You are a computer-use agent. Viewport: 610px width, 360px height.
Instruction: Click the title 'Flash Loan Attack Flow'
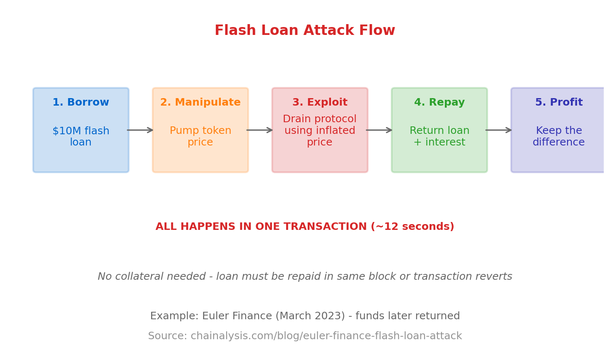[305, 31]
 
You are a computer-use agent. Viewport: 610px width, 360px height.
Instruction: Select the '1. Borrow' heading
[81, 103]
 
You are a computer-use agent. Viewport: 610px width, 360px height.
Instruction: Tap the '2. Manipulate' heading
[200, 103]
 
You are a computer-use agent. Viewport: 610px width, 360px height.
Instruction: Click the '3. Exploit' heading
[320, 103]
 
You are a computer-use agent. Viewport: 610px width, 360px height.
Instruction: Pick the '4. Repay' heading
[439, 103]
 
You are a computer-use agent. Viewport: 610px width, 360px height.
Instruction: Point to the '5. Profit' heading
[558, 103]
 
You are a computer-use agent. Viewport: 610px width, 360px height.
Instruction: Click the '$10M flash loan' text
[81, 137]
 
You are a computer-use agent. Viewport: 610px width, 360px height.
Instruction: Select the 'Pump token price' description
[200, 137]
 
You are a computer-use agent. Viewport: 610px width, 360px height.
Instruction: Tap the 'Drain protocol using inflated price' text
[320, 131]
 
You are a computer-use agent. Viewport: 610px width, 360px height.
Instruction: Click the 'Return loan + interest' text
[439, 137]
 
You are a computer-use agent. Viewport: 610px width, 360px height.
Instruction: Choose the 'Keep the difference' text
[558, 137]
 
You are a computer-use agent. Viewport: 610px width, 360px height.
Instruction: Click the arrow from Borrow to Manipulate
[140, 130]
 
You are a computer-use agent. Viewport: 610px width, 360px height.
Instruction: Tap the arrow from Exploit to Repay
[379, 130]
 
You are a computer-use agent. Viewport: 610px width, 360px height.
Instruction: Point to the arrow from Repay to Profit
[499, 130]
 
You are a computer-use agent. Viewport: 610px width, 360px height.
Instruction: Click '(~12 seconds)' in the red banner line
[412, 227]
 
